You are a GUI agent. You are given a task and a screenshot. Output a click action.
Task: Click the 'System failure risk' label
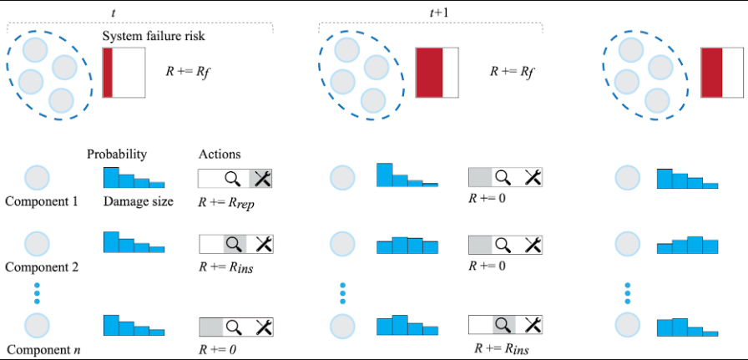point(154,37)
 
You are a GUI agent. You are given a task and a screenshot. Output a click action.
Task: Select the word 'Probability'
point(117,155)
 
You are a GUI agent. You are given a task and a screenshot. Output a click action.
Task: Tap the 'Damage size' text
point(138,201)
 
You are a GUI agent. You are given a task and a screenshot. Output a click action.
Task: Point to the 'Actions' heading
point(220,155)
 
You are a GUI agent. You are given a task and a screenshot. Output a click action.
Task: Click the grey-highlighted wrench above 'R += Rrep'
point(262,178)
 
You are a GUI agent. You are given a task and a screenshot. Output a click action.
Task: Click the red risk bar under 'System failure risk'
point(108,73)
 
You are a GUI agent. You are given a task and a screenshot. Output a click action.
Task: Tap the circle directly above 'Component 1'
point(38,178)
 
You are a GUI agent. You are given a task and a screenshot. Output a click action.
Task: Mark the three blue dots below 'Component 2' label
point(37,295)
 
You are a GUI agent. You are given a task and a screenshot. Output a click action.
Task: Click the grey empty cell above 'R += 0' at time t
point(210,326)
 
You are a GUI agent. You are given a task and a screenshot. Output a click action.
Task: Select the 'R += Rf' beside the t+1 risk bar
point(511,73)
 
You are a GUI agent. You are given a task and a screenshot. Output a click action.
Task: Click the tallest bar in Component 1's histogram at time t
point(110,177)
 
